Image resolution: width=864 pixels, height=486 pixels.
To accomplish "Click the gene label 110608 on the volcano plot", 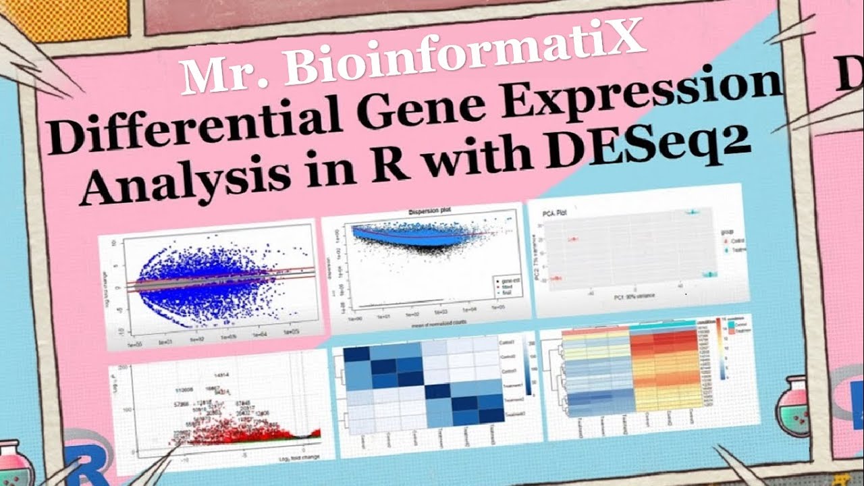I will point(184,390).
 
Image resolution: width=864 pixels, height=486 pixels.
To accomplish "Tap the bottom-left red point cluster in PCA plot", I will point(558,278).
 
